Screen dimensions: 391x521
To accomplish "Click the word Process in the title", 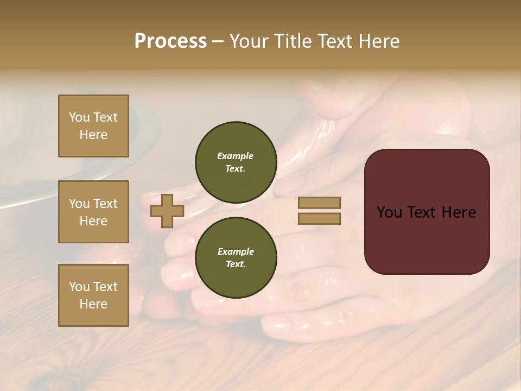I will click(170, 41).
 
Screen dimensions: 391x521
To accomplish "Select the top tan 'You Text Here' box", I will click(93, 126).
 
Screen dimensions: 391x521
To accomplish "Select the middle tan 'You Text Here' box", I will click(93, 212).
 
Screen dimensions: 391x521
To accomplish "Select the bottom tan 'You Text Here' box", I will click(93, 295).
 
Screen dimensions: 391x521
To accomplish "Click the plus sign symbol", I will click(167, 211).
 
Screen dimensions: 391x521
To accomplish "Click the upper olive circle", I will click(236, 162).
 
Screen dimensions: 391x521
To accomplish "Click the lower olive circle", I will click(236, 258).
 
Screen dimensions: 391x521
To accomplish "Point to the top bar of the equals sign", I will click(319, 203).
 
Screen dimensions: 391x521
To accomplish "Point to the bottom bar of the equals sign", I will click(319, 218).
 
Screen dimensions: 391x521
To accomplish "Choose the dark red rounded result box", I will click(427, 211).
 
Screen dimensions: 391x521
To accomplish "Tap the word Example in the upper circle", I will click(236, 156).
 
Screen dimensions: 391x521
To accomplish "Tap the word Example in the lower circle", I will click(236, 251).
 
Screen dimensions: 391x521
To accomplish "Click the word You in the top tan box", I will click(79, 117).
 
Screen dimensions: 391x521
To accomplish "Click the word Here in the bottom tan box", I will click(93, 304).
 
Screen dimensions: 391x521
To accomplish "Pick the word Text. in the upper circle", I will click(236, 169).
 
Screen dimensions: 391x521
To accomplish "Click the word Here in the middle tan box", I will click(93, 221).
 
